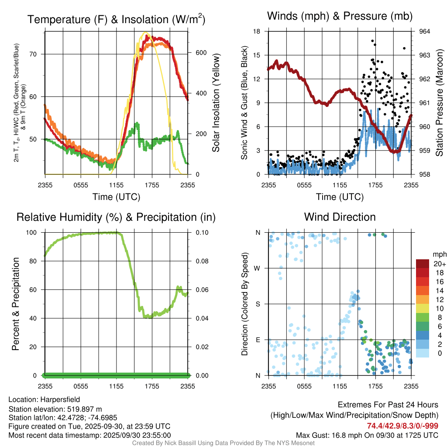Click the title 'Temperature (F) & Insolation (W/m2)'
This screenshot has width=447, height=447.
click(116, 19)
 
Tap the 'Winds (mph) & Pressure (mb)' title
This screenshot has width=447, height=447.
click(340, 16)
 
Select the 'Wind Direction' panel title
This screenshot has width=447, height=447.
click(340, 217)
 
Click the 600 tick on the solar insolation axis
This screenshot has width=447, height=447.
click(195, 52)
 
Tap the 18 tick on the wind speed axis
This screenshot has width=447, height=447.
click(257, 31)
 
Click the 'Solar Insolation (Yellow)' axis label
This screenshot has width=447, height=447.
click(216, 103)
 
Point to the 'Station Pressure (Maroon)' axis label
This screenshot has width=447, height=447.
click(440, 103)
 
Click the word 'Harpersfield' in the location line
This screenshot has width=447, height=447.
click(60, 399)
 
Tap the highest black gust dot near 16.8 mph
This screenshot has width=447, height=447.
click(372, 41)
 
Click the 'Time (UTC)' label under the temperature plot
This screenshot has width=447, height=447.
click(116, 197)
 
